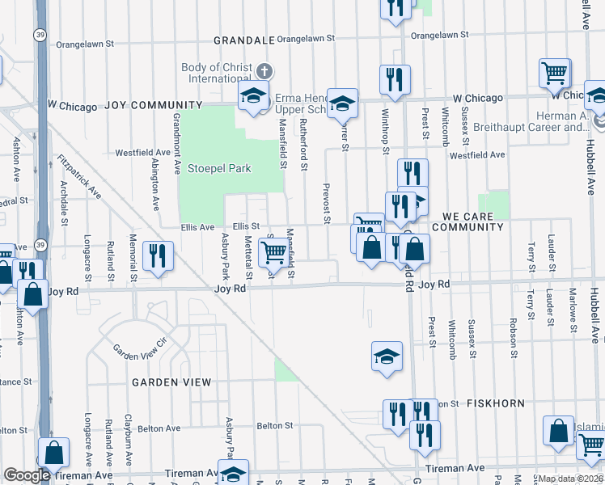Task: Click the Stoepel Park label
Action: tap(219, 169)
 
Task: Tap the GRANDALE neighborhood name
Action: tap(243, 40)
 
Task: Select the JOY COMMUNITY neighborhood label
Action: tap(152, 105)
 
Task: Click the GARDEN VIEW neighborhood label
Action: tap(171, 382)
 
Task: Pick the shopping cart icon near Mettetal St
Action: tap(273, 253)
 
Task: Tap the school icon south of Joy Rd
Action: tap(387, 356)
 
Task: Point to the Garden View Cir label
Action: tap(139, 352)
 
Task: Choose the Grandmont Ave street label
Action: tap(176, 144)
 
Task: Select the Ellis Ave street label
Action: tap(197, 226)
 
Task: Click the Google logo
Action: tap(27, 476)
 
